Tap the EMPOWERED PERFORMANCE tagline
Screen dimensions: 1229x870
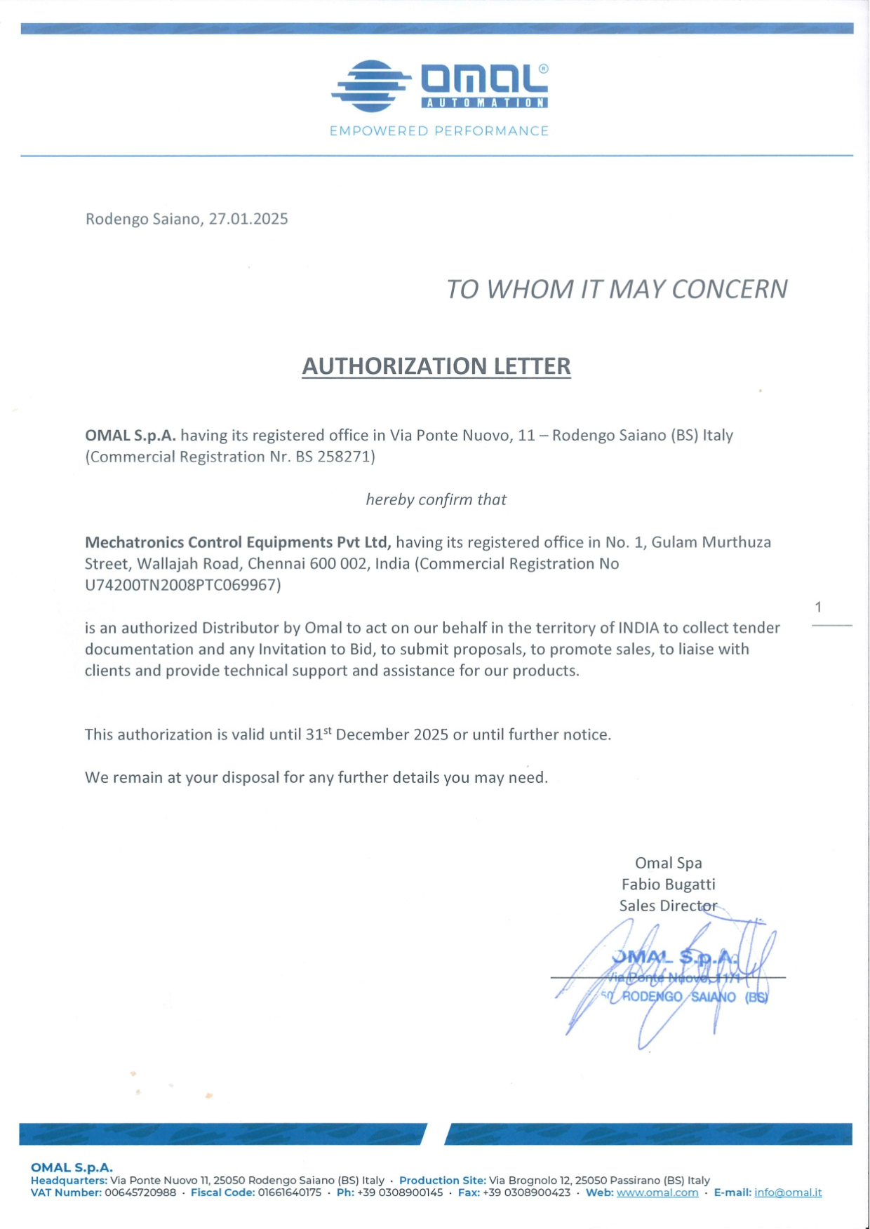[x=439, y=131]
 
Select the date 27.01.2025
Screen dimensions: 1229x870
[x=248, y=219]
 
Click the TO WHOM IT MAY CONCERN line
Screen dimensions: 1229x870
[x=616, y=289]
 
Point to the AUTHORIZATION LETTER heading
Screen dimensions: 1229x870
[x=436, y=366]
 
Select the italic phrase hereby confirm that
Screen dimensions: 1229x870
[x=436, y=499]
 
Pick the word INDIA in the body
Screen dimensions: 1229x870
[x=638, y=628]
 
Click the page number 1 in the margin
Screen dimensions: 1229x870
[x=818, y=607]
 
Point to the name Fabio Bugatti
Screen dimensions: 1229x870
[x=668, y=885]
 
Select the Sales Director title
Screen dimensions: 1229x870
[x=668, y=906]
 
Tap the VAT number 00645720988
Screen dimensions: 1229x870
[x=140, y=1193]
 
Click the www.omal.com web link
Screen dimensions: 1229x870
[x=657, y=1193]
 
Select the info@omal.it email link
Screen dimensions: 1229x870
[x=788, y=1193]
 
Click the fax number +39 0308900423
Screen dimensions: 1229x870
[x=526, y=1193]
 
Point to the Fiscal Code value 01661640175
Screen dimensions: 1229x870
[x=290, y=1193]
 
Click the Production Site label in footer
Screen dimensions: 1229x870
[x=442, y=1181]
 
